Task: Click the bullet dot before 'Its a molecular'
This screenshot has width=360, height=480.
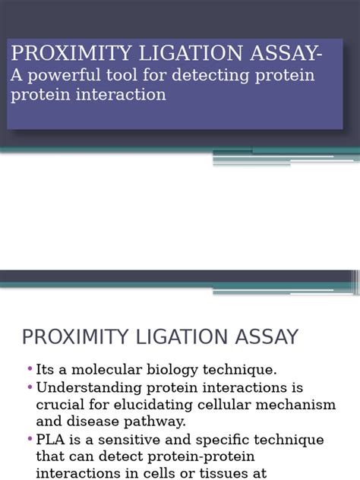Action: tap(30, 369)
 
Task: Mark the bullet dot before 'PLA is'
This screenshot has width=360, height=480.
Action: tap(30, 439)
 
